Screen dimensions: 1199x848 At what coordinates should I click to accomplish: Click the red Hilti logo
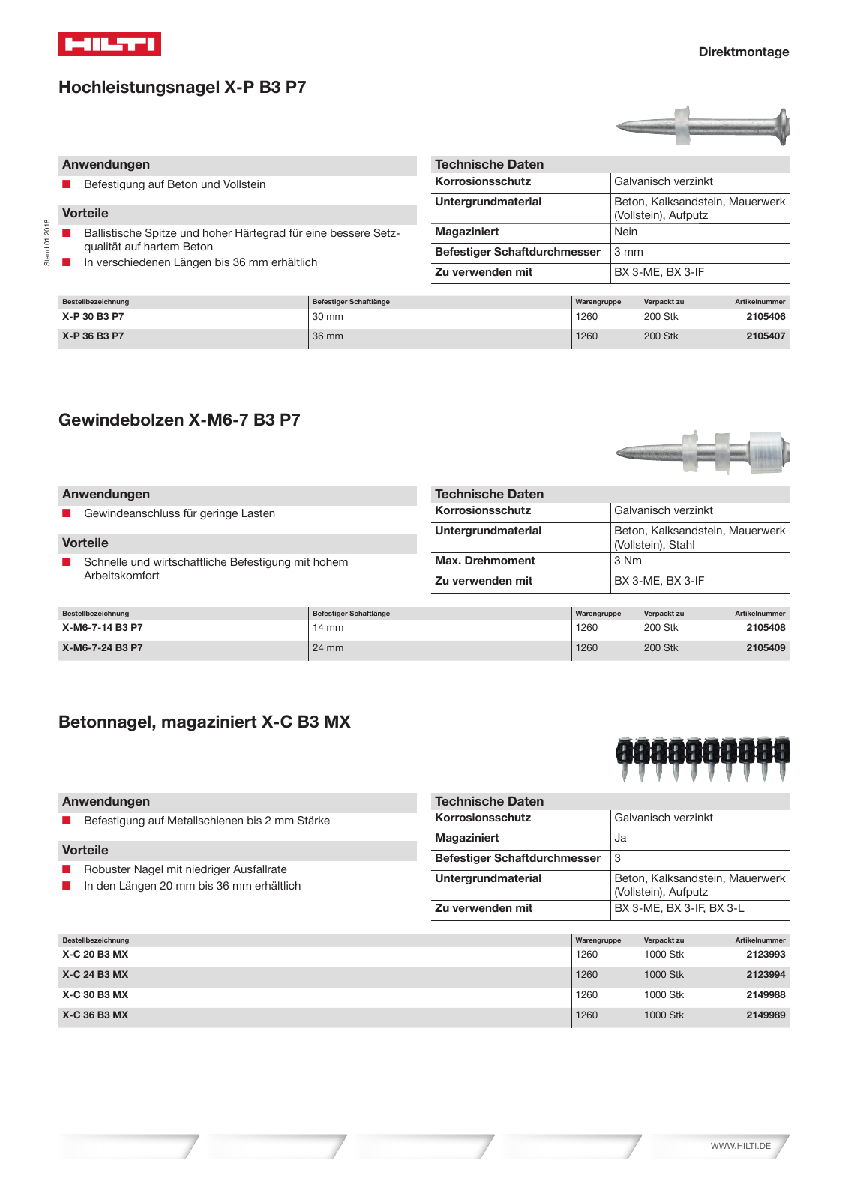click(x=109, y=44)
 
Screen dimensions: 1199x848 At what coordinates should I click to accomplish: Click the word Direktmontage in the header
click(x=743, y=52)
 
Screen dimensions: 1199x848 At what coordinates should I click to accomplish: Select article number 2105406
click(x=765, y=317)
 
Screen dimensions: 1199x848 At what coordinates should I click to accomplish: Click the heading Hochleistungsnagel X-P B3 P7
click(x=182, y=87)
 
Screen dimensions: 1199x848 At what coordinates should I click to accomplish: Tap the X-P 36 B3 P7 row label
click(x=93, y=336)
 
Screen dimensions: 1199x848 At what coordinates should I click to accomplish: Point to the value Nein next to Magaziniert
click(x=625, y=232)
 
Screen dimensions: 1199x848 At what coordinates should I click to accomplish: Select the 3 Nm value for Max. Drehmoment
click(x=628, y=561)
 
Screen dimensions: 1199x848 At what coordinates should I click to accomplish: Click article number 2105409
click(x=765, y=648)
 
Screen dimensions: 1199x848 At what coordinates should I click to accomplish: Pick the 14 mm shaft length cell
click(x=328, y=628)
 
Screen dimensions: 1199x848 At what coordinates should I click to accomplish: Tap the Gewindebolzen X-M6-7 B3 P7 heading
click(x=179, y=420)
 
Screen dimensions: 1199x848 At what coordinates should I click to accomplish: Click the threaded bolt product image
click(x=703, y=452)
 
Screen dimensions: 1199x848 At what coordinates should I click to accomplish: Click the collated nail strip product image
click(x=703, y=758)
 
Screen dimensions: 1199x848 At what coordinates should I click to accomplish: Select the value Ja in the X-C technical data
click(x=620, y=838)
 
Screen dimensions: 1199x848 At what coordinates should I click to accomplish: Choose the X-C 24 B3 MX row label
click(x=95, y=975)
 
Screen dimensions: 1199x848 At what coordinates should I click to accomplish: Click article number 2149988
click(x=765, y=995)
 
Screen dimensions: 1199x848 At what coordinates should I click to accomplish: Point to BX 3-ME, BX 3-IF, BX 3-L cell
click(x=679, y=908)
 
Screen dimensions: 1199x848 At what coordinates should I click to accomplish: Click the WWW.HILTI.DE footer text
click(x=740, y=1146)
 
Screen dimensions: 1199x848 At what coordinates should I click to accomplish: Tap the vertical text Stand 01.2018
click(x=47, y=242)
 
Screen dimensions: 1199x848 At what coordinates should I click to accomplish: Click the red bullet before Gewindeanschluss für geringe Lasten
click(x=67, y=513)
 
